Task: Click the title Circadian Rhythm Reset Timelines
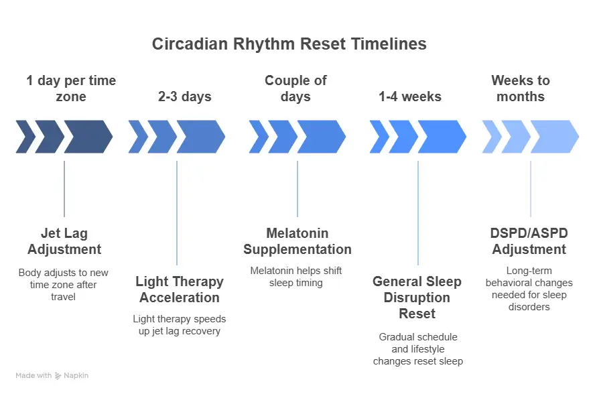pyautogui.click(x=289, y=44)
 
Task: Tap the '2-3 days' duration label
pyautogui.click(x=184, y=96)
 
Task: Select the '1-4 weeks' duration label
pyautogui.click(x=410, y=96)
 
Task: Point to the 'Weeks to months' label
pyautogui.click(x=520, y=88)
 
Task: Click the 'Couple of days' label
pyautogui.click(x=295, y=88)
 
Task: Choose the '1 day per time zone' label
pyautogui.click(x=71, y=88)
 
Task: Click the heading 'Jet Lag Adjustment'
pyautogui.click(x=64, y=241)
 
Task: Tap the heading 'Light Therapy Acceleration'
pyautogui.click(x=180, y=289)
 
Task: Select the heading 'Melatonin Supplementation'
pyautogui.click(x=297, y=241)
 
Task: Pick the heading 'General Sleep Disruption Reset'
pyautogui.click(x=417, y=298)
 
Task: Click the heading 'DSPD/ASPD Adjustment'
pyautogui.click(x=529, y=241)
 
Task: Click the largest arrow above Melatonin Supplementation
pyautogui.click(x=322, y=137)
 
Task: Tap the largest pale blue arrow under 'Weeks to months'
pyautogui.click(x=554, y=137)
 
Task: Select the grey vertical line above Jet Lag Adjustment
pyautogui.click(x=64, y=189)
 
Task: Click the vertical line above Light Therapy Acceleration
pyautogui.click(x=177, y=213)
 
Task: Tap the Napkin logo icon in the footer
pyautogui.click(x=58, y=376)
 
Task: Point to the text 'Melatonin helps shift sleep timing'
pyautogui.click(x=296, y=277)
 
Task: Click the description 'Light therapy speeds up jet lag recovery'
pyautogui.click(x=180, y=325)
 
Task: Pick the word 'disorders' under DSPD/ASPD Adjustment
pyautogui.click(x=529, y=307)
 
